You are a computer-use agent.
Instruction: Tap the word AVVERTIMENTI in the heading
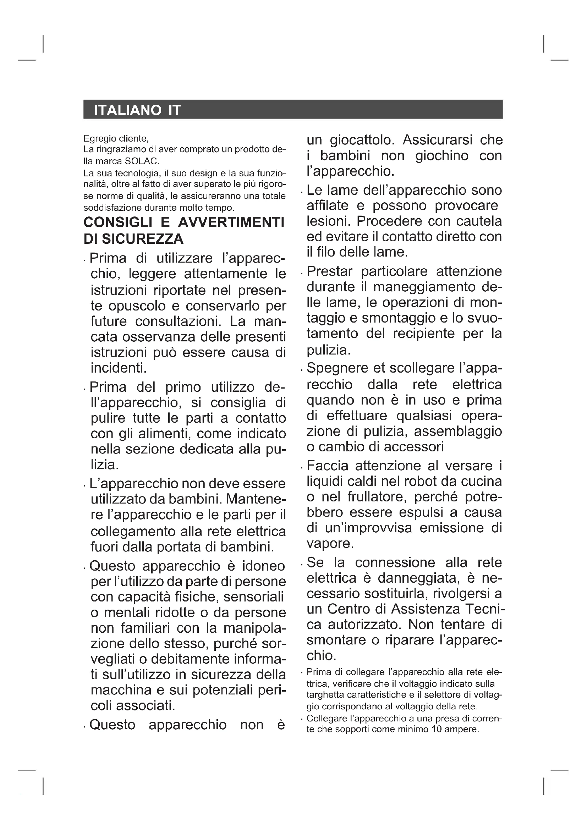pyautogui.click(x=231, y=222)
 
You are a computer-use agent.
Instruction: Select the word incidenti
pyautogui.click(x=119, y=368)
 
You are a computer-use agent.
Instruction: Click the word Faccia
pyautogui.click(x=328, y=466)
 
